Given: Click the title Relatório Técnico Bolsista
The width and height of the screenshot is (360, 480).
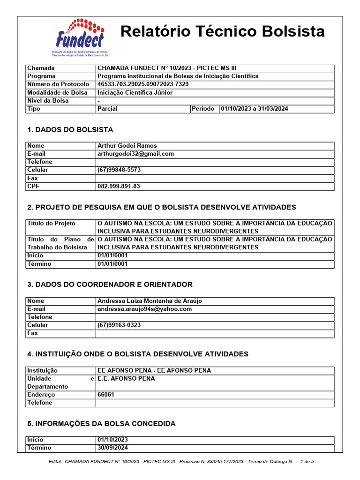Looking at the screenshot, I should tap(222, 31).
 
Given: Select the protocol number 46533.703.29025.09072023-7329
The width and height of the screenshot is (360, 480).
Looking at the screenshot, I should tap(143, 84).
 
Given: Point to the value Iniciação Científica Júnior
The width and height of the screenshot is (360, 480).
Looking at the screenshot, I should tap(135, 92).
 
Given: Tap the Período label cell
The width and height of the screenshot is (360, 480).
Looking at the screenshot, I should tap(204, 109).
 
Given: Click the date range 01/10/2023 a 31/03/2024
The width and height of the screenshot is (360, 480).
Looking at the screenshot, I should tap(255, 109).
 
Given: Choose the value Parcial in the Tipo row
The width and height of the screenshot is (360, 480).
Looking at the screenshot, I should tap(107, 109).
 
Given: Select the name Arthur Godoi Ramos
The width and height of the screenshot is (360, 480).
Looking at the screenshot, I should tap(127, 146).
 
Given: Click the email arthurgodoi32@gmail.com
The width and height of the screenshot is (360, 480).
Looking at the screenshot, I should tap(135, 154).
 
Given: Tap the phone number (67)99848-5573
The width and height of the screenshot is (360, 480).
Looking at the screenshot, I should tap(119, 170).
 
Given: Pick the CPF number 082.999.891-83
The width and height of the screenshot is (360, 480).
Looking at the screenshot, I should tap(119, 187).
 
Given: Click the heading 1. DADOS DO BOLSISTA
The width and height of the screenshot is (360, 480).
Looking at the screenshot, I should tap(70, 130).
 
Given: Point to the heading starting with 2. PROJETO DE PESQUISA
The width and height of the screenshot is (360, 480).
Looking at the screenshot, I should tap(162, 207).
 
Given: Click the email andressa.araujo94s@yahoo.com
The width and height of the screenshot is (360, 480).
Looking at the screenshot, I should tap(144, 309).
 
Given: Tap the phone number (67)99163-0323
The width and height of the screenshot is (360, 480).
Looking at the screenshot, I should tap(119, 325).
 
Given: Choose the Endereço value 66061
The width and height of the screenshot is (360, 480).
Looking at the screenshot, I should tap(105, 395).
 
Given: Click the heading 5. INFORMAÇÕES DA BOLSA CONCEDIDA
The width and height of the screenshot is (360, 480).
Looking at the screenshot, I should tap(101, 424).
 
